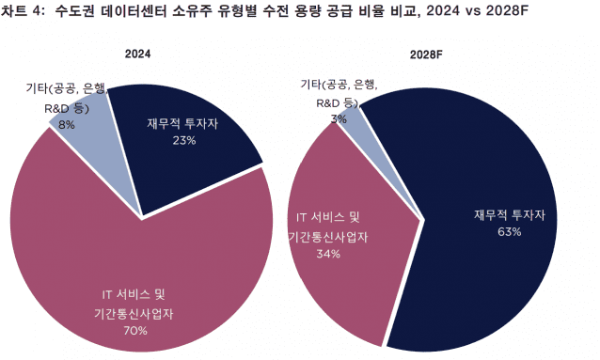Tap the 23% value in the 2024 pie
click(x=183, y=141)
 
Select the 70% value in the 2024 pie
click(x=134, y=331)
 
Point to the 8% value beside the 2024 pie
click(x=67, y=123)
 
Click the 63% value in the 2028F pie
click(x=510, y=231)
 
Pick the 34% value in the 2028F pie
click(x=328, y=254)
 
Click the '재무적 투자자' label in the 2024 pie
click(x=184, y=124)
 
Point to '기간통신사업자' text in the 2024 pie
click(x=134, y=314)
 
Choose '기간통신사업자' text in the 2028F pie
click(x=328, y=237)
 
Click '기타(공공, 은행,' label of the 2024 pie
click(x=66, y=90)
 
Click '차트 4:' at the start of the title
click(x=24, y=12)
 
